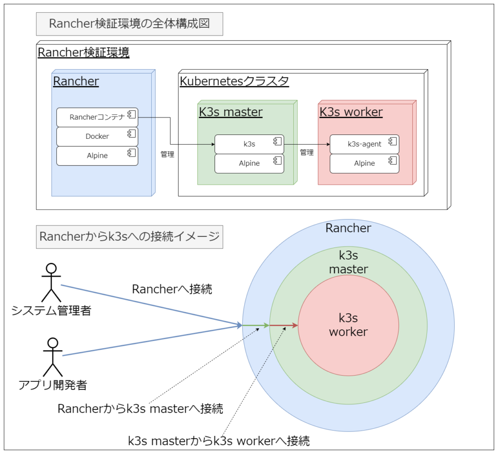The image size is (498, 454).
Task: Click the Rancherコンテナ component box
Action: [97, 117]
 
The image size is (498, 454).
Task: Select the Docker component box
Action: [97, 136]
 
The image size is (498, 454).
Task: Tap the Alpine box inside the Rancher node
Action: [97, 156]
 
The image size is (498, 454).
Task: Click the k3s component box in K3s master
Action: [249, 144]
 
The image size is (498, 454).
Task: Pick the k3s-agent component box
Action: [364, 144]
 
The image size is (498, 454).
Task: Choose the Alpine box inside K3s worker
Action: [364, 164]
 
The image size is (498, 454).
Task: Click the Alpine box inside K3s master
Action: [249, 164]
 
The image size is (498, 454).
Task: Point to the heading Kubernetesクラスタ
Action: [234, 81]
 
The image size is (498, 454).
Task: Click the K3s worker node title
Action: [351, 112]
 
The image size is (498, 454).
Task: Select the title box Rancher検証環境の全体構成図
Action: [129, 24]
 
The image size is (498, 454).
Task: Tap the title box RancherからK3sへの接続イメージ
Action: [129, 237]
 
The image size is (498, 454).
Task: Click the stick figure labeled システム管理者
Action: [51, 283]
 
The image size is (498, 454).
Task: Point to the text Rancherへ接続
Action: [172, 289]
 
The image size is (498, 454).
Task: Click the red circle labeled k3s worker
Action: [348, 325]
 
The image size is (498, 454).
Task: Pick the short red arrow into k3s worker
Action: [284, 325]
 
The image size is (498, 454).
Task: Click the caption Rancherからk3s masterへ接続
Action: [140, 409]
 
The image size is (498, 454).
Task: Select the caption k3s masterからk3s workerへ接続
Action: [219, 441]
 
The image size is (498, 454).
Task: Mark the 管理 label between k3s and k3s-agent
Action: [307, 152]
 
